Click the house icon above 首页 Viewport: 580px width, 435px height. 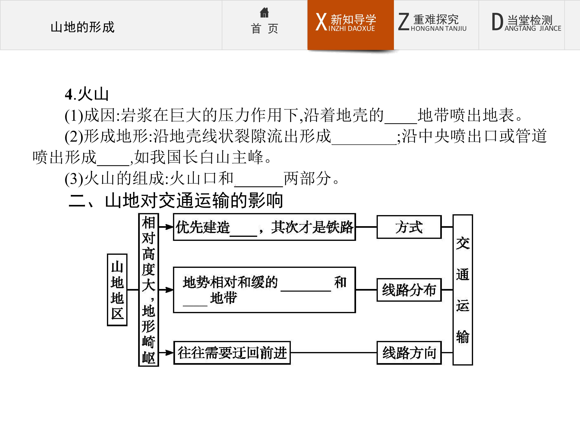coord(264,12)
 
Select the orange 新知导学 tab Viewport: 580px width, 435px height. coord(351,25)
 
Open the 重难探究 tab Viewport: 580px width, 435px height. coord(436,25)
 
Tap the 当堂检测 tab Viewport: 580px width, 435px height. coord(522,25)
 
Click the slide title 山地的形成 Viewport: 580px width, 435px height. coord(83,27)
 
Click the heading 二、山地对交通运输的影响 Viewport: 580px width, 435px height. coord(176,201)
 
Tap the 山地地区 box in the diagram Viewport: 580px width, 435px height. coord(117,290)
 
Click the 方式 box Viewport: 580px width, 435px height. coord(409,227)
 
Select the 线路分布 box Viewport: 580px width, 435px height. coord(409,290)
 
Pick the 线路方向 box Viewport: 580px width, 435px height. coord(409,353)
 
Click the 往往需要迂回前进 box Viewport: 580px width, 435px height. coord(232,353)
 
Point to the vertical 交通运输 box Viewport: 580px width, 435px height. coord(463,290)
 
